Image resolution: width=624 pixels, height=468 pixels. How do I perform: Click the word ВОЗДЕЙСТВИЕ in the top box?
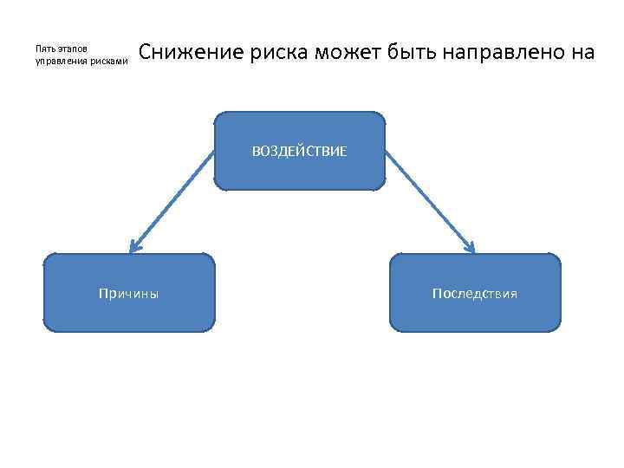299,152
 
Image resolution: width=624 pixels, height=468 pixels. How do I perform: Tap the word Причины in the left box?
129,294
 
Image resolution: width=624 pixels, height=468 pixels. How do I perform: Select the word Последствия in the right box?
475,294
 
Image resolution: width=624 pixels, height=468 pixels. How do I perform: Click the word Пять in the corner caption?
44,49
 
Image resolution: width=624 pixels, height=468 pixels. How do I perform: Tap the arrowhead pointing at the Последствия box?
471,248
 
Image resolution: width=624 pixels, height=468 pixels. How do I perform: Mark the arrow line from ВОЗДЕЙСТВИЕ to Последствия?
428,201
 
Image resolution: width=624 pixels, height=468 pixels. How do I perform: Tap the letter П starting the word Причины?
104,294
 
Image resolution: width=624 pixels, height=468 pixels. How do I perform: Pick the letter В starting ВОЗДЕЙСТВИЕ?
256,152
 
